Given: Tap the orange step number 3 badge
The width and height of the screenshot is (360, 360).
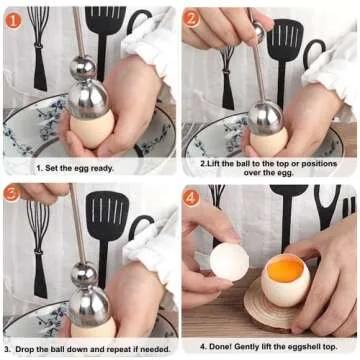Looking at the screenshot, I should coord(12,193).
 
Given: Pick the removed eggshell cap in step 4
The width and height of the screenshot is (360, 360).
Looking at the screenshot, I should coord(229,262).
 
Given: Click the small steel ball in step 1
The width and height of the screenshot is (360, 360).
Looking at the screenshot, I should coord(84,68).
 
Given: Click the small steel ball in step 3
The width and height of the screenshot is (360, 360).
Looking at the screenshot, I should coord(85,273).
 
